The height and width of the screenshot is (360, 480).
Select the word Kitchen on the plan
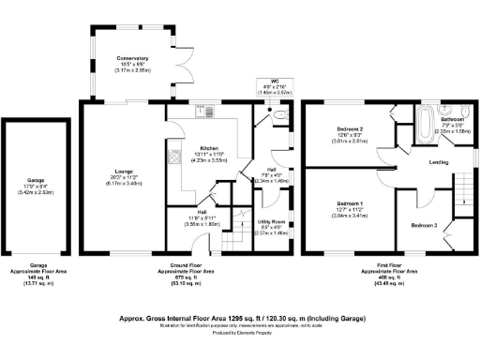[208, 148]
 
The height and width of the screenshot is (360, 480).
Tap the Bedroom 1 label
[349, 204]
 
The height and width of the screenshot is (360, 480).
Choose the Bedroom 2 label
[349, 129]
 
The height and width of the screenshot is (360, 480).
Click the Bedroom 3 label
[424, 226]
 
